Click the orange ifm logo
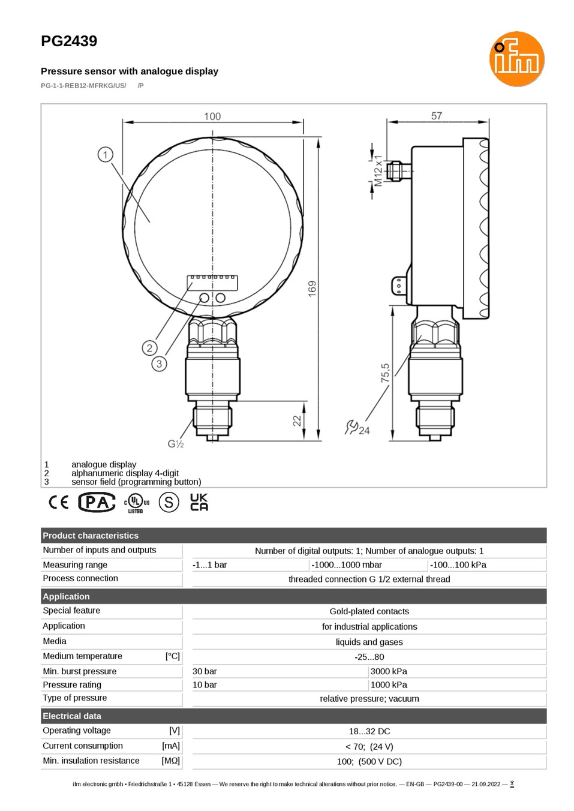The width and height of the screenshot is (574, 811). tap(516, 59)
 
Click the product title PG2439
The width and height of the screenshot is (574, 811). tap(69, 41)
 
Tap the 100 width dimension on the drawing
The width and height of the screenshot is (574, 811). tap(212, 116)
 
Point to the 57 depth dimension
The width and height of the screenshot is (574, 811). tap(437, 116)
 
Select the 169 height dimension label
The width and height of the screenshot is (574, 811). tap(312, 289)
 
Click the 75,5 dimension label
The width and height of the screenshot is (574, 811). tap(385, 373)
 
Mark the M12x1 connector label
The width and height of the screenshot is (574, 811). tap(378, 170)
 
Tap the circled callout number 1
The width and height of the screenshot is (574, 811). tap(106, 155)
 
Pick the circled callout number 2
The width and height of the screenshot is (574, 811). tap(149, 349)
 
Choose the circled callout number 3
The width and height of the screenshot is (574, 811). tap(159, 364)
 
